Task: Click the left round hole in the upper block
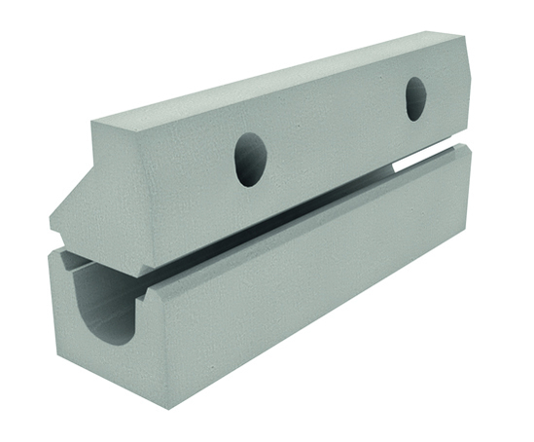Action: [250, 159]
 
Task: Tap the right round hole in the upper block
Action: [415, 98]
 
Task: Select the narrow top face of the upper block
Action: [282, 79]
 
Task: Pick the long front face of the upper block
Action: [321, 146]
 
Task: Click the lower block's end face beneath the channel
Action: [97, 365]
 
